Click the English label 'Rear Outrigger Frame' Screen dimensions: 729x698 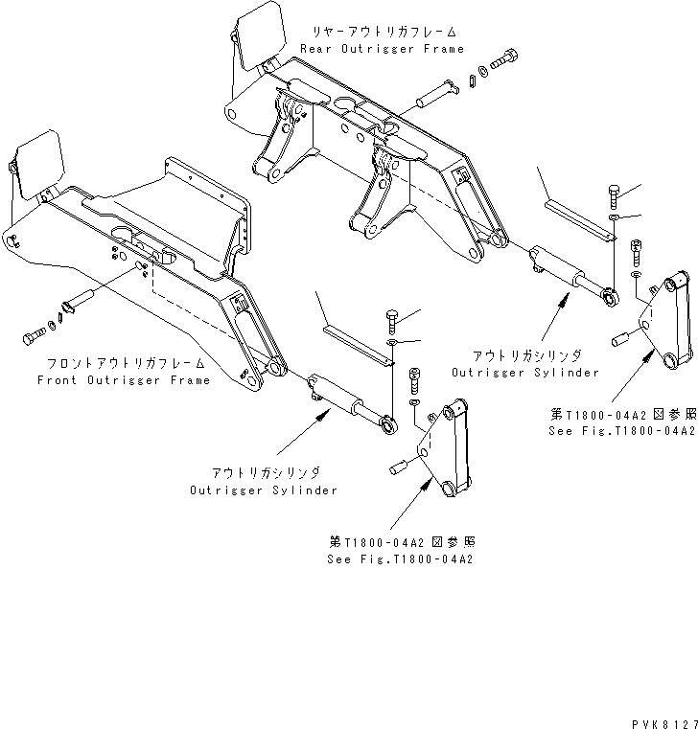[x=382, y=49]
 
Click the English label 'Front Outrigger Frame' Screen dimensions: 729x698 [x=123, y=380]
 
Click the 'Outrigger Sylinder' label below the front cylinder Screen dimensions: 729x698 [x=263, y=490]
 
